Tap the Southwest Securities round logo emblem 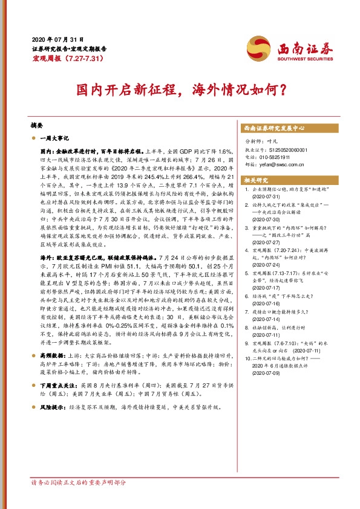click(x=257, y=48)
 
